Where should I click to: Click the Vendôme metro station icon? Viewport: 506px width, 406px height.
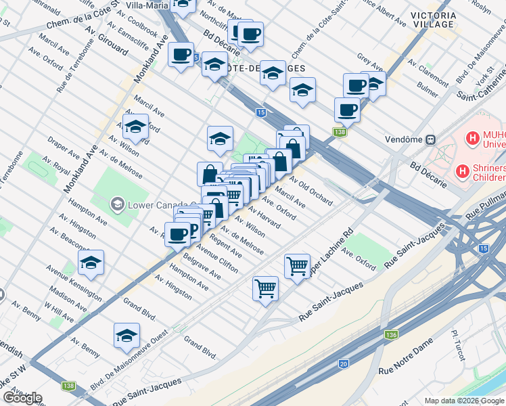point(430,140)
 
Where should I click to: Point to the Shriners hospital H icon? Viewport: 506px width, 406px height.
point(463,171)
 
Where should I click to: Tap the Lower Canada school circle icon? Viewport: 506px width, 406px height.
point(118,204)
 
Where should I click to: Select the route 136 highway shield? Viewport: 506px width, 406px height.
point(391,334)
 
